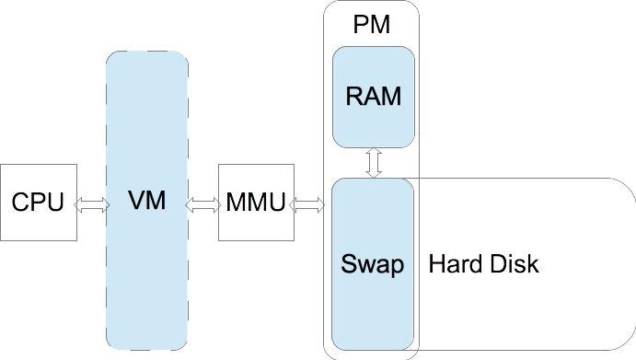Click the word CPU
tap(38, 203)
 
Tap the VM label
tap(147, 201)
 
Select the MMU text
tap(256, 203)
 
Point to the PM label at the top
tap(371, 25)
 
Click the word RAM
tap(373, 96)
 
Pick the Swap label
tap(373, 265)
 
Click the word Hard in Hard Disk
tap(453, 264)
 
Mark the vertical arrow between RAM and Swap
tap(374, 163)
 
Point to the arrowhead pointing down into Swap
tap(374, 174)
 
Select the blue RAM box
tap(373, 124)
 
